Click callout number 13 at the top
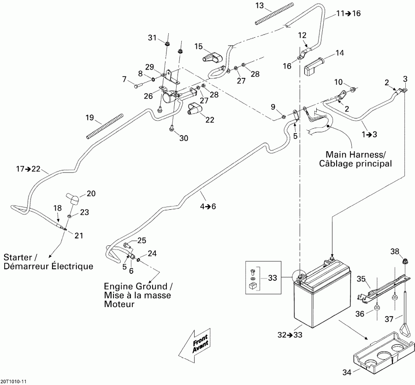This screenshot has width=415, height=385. click(x=260, y=6)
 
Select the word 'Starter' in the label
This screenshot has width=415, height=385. click(x=18, y=257)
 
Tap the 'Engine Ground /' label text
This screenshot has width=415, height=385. click(x=138, y=286)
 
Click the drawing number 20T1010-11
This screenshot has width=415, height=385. click(x=14, y=382)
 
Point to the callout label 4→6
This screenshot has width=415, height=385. click(x=207, y=206)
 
